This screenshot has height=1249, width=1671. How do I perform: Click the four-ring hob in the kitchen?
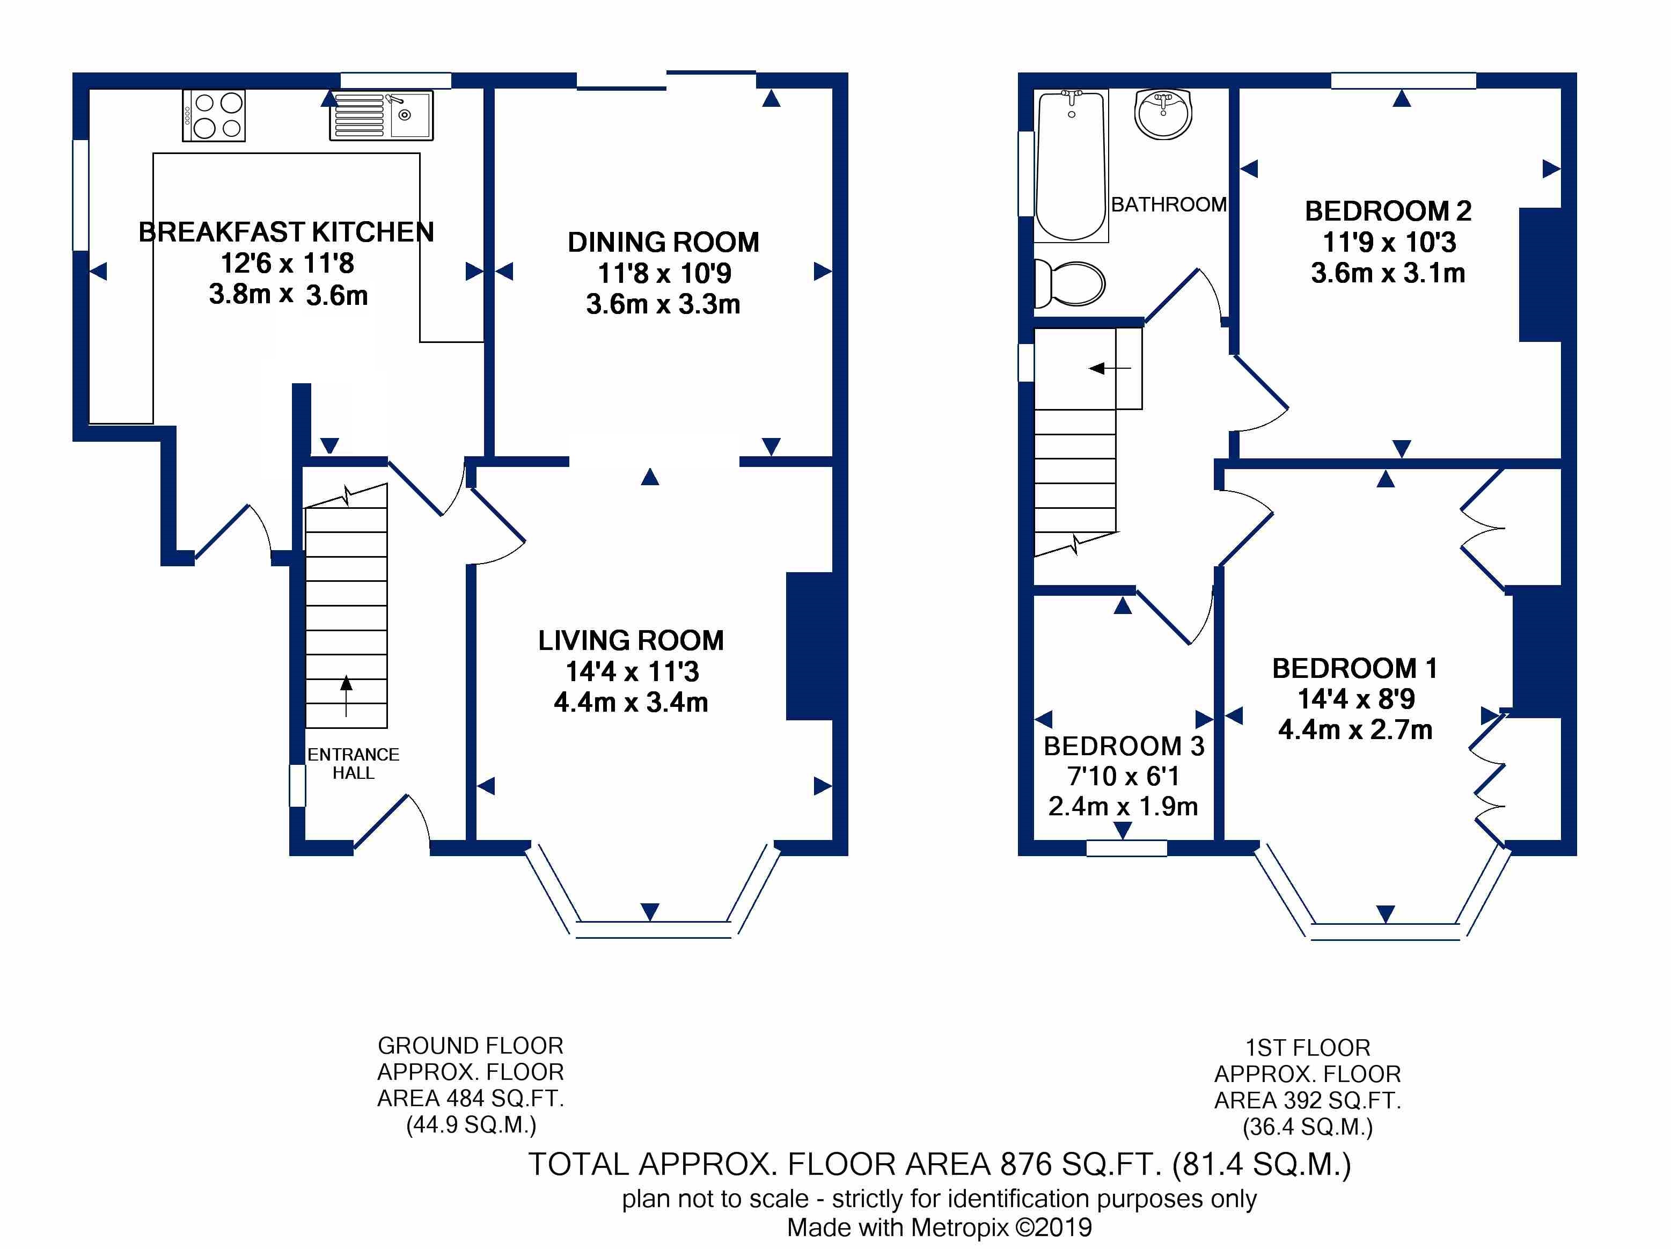[x=214, y=115]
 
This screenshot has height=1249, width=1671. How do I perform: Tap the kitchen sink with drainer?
[x=382, y=115]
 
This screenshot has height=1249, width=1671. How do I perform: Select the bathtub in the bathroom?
[x=1071, y=165]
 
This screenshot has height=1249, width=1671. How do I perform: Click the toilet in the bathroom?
[x=1069, y=284]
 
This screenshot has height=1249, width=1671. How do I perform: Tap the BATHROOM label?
[x=1169, y=204]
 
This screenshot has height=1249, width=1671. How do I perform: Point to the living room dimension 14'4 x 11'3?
[x=632, y=671]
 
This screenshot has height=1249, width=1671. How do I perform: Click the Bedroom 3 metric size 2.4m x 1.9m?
[x=1123, y=807]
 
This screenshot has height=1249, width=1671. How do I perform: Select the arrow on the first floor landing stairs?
[x=1109, y=369]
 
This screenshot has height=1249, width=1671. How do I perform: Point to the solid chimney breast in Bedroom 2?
[x=1540, y=274]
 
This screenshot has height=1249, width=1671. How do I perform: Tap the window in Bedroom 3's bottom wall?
[x=1126, y=848]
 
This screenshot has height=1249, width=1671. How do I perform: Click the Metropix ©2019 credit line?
[x=940, y=1227]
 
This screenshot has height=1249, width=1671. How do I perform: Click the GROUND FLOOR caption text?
[x=471, y=1046]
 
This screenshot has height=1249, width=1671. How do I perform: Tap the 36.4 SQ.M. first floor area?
[x=1308, y=1127]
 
